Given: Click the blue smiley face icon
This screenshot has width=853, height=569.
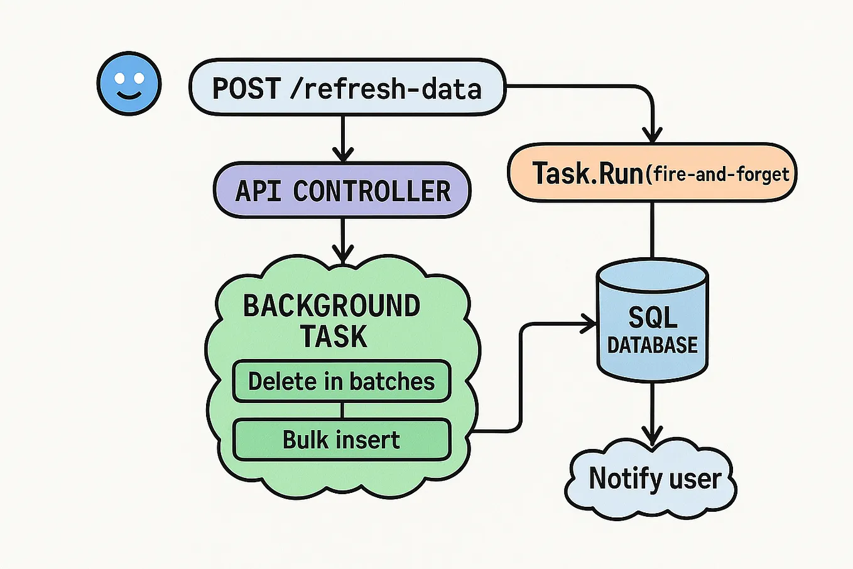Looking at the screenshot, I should (129, 84).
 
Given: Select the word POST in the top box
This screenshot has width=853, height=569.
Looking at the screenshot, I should (246, 89).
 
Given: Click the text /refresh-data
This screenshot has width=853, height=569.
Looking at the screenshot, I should (386, 89).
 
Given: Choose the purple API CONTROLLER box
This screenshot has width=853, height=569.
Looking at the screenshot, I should (342, 191).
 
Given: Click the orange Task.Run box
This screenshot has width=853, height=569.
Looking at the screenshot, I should (651, 173).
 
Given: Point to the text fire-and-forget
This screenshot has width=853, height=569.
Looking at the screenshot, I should (720, 174).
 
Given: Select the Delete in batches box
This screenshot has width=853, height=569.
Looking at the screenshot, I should (342, 381).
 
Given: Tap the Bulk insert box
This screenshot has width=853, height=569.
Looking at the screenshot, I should (342, 439).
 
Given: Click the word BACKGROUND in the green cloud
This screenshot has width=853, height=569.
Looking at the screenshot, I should (331, 306).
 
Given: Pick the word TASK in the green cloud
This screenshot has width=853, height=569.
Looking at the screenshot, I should (333, 336).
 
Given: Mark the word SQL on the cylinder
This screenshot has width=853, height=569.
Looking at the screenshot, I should (653, 318).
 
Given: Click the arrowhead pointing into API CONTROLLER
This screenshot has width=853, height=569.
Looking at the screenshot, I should (342, 153).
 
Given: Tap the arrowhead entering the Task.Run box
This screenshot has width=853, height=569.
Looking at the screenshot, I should (653, 135).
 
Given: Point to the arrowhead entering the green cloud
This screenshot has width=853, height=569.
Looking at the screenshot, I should (342, 253).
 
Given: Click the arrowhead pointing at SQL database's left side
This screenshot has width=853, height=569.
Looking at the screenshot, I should (588, 324).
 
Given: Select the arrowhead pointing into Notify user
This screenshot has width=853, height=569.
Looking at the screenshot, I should (653, 434).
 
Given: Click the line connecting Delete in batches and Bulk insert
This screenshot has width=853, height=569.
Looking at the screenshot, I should (342, 411).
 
